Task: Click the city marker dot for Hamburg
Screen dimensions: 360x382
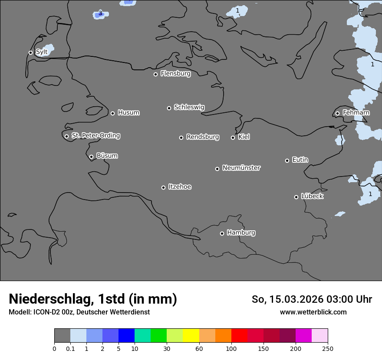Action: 222,233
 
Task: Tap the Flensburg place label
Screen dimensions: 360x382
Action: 175,74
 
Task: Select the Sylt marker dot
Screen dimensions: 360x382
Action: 30,52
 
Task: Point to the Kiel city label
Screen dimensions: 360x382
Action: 244,137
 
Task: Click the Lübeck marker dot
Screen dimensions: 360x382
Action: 296,197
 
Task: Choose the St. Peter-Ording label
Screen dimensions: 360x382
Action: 95,136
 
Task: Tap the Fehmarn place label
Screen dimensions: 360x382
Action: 356,113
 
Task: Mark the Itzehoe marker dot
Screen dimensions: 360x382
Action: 163,187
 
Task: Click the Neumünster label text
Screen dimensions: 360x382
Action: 241,168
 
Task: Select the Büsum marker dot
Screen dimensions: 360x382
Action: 91,157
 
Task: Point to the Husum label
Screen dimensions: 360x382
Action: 128,113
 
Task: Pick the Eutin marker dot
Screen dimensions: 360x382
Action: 287,160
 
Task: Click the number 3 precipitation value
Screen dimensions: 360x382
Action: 100,13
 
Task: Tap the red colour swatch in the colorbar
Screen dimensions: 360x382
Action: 239,336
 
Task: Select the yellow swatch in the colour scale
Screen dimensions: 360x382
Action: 191,336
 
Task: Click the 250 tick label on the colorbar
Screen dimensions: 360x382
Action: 328,349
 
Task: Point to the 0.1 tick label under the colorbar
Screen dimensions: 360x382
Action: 70,349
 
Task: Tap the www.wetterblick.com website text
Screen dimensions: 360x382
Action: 313,312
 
